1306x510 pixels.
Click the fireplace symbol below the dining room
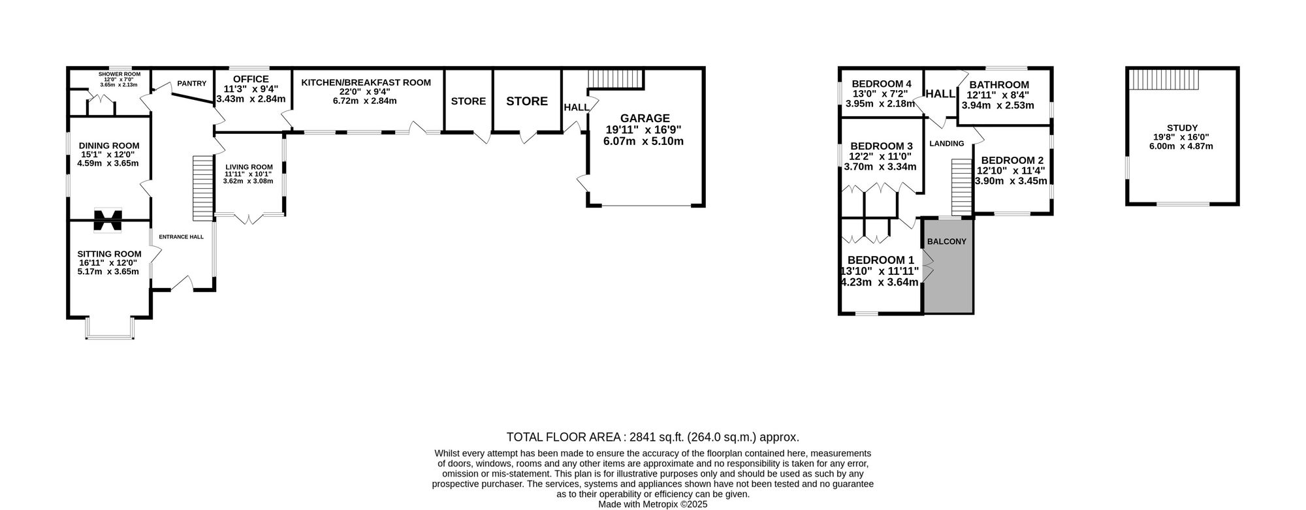(108, 220)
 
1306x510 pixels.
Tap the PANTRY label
(191, 84)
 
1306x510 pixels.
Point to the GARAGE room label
(645, 118)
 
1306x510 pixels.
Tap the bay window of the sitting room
(110, 329)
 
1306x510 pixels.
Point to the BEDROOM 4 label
(882, 84)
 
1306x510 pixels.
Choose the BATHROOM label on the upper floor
(998, 85)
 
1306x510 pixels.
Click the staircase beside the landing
(961, 187)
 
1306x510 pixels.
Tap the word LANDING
(947, 144)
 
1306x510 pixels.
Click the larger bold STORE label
(527, 101)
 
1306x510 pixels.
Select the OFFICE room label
(251, 79)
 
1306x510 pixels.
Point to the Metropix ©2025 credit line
(652, 505)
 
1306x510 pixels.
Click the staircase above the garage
(616, 79)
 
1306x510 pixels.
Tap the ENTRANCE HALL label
(182, 237)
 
